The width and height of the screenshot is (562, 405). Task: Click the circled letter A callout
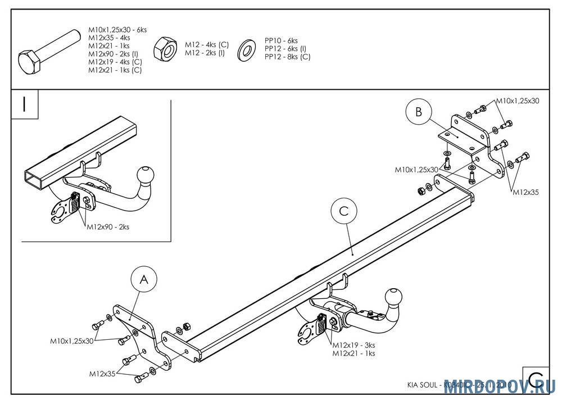coord(144,280)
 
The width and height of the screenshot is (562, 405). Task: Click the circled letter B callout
coord(418,112)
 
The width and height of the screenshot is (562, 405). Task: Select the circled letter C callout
coord(344,211)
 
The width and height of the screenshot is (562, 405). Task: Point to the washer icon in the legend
coord(246,49)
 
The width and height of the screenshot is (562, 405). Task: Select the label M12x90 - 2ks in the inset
coord(108,227)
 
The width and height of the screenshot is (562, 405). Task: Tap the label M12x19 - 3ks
coord(353,345)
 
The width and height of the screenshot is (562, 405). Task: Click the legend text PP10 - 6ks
coord(281,41)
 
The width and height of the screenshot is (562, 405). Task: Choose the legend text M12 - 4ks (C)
coord(207,44)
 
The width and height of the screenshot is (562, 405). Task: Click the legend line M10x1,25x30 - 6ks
coord(117,30)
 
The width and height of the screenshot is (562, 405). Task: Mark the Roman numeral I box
coord(25,105)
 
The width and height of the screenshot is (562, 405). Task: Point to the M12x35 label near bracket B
coord(525,192)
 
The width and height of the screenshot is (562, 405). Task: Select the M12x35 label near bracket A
coord(102,373)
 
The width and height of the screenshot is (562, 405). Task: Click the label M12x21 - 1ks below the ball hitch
coord(353,353)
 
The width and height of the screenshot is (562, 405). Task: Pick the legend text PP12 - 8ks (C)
coord(287,57)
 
